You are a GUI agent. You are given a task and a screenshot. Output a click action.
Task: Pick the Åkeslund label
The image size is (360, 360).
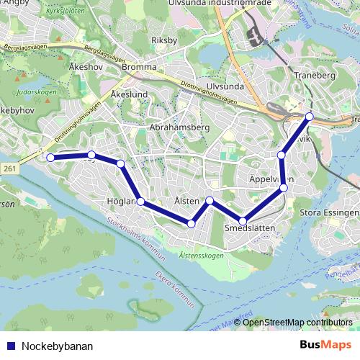click(x=130, y=94)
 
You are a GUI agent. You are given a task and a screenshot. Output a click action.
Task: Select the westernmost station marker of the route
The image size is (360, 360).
click(x=50, y=157)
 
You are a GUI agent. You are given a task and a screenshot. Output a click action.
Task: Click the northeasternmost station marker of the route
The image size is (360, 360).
click(x=310, y=117)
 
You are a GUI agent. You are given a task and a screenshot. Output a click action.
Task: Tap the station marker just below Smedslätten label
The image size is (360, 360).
click(x=243, y=221)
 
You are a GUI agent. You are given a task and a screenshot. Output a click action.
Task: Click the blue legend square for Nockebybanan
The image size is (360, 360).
click(x=10, y=346)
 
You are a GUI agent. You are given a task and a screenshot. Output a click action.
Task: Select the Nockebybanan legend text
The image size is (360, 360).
click(x=57, y=346)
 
